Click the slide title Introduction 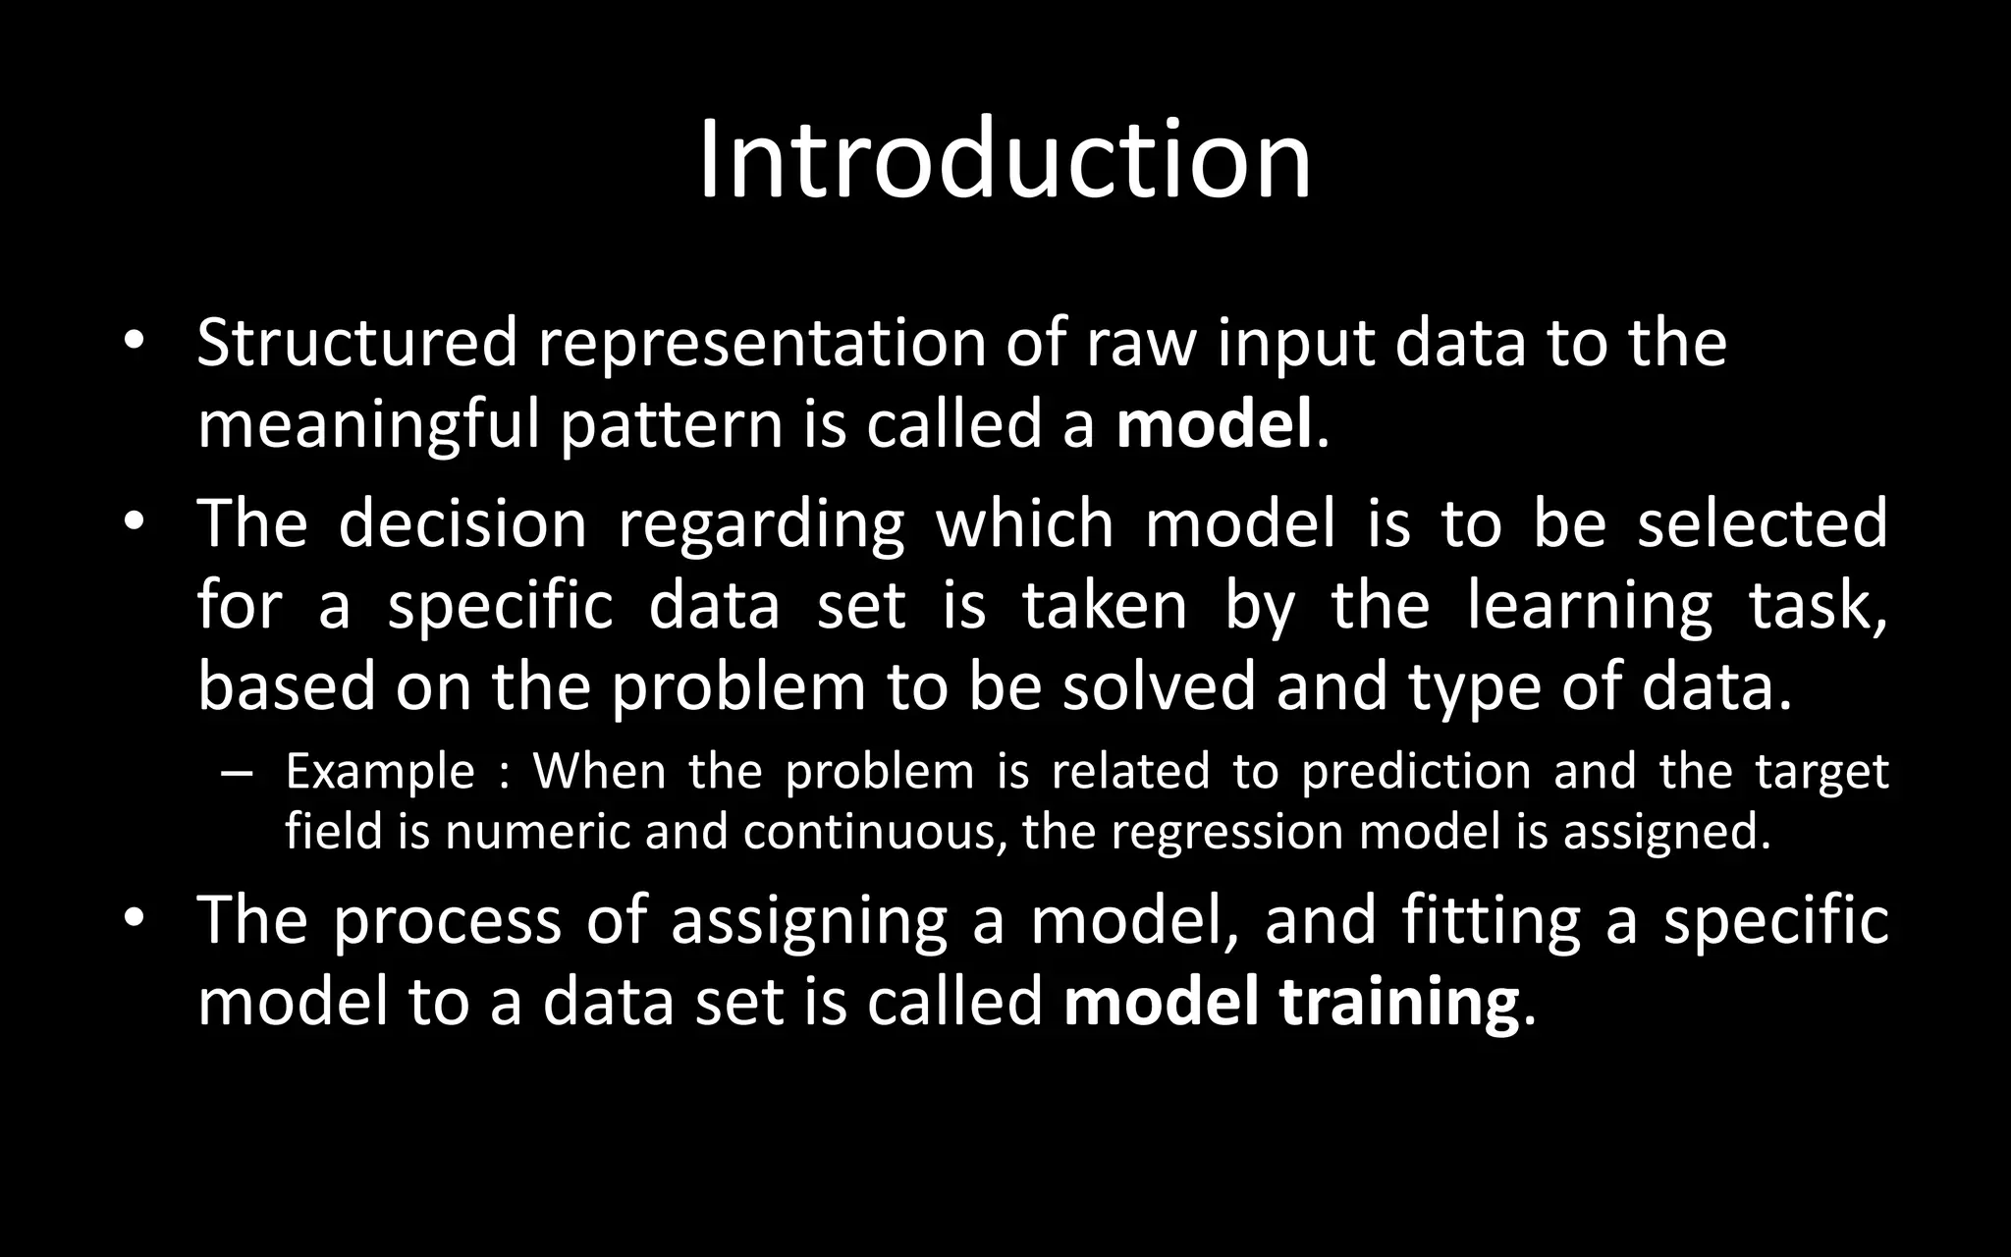1005,159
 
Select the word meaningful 368,425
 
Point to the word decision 462,523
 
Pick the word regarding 761,523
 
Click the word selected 1763,523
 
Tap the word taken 1105,605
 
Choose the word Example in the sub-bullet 380,772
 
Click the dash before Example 238,774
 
